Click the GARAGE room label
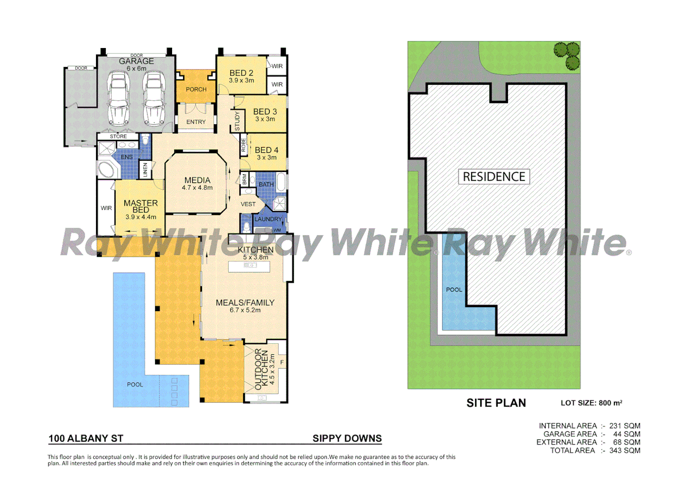click(x=136, y=61)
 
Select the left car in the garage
click(x=119, y=98)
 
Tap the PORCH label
click(x=196, y=90)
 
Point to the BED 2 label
click(x=241, y=73)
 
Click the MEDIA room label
click(x=197, y=180)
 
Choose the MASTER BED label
click(x=141, y=206)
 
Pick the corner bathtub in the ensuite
click(x=107, y=169)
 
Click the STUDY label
click(x=237, y=121)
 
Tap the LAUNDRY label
click(x=268, y=219)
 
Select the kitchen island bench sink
click(x=250, y=265)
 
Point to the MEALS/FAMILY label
click(x=245, y=302)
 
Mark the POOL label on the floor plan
click(x=135, y=384)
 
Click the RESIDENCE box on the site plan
click(x=494, y=177)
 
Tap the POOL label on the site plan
click(x=454, y=290)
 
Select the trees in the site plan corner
click(x=567, y=55)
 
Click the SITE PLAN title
click(x=496, y=403)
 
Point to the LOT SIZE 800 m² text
click(x=591, y=403)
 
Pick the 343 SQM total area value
click(x=625, y=451)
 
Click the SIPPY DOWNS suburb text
click(x=347, y=438)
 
